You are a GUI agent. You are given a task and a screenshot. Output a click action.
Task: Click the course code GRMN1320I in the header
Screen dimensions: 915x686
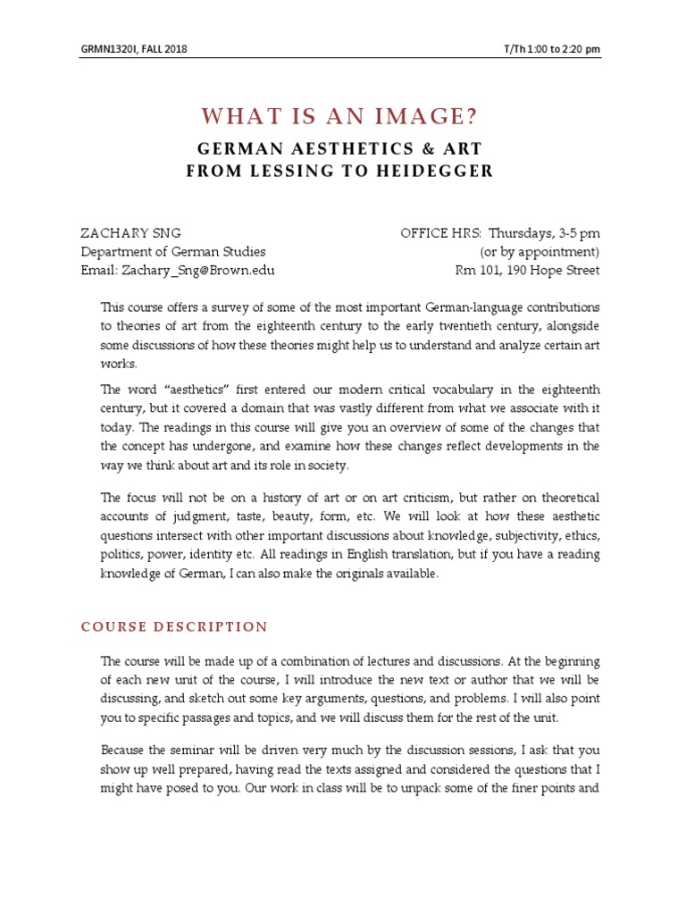(106, 47)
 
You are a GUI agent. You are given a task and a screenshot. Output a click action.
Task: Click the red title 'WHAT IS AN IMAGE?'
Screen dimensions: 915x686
(340, 116)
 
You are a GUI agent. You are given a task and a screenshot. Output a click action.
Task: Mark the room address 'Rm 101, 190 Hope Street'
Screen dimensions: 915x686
(528, 270)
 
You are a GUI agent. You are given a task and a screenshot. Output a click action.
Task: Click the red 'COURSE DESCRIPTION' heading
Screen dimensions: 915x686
(174, 626)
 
